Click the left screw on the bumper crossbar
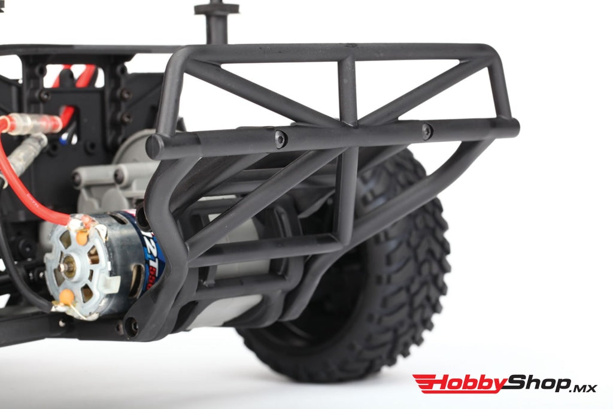(x=281, y=139)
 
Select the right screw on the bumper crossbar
(x=426, y=131)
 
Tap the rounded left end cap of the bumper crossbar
(x=154, y=147)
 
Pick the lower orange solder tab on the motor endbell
(x=67, y=296)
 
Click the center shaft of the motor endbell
(x=69, y=267)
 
